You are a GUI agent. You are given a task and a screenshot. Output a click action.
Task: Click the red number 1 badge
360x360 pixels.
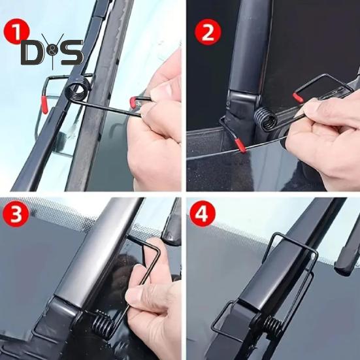click(17, 29)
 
